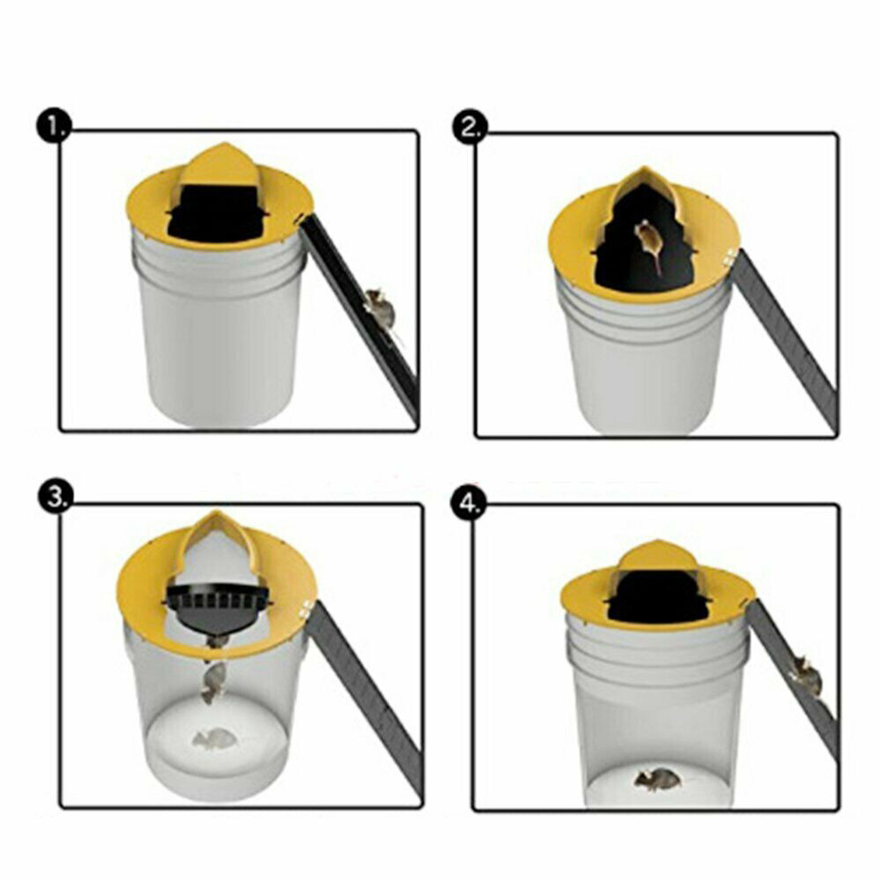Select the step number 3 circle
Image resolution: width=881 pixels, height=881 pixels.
click(55, 498)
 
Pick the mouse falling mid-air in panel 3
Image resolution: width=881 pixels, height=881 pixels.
click(212, 683)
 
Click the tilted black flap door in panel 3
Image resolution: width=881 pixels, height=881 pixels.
click(215, 608)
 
